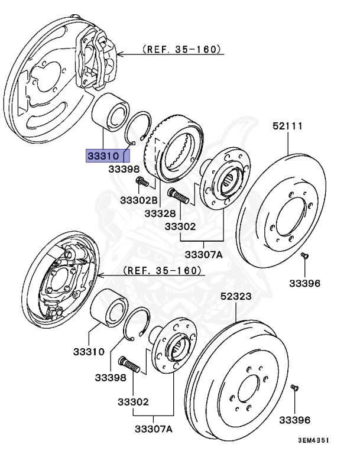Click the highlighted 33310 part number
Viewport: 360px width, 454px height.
(x=105, y=157)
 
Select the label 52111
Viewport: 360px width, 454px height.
(x=288, y=126)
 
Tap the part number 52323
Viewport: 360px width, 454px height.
(x=236, y=297)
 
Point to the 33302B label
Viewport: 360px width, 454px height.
(x=140, y=200)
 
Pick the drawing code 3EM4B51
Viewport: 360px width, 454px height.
(x=313, y=440)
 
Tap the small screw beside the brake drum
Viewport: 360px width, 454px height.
(x=295, y=388)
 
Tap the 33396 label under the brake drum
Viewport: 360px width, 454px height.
(x=294, y=420)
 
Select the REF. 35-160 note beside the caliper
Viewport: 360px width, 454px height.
(x=180, y=50)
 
